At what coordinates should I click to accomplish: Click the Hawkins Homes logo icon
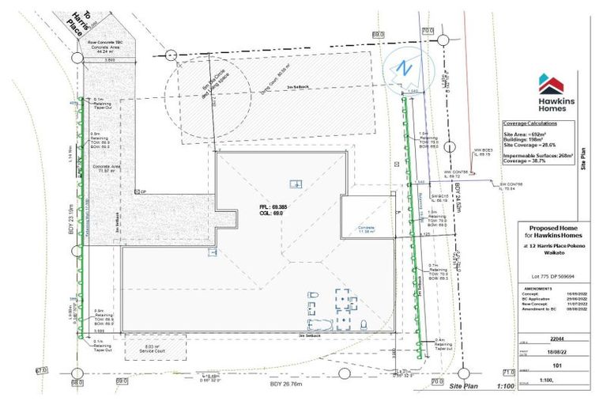pyautogui.click(x=550, y=83)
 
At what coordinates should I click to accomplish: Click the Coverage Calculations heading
pyautogui.click(x=531, y=124)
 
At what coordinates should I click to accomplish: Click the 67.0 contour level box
pyautogui.click(x=41, y=369)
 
